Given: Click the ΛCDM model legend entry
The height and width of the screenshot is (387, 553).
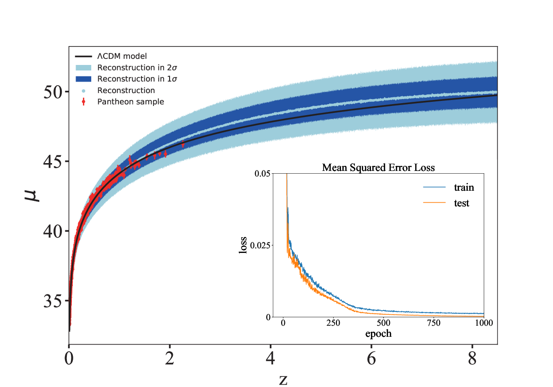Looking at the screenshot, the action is [x=111, y=56].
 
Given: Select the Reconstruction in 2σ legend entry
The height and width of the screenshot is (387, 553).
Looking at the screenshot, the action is [x=126, y=68].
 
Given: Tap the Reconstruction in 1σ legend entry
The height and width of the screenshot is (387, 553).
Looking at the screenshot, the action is [x=126, y=79].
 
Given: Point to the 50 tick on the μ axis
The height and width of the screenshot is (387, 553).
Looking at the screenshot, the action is [x=53, y=92].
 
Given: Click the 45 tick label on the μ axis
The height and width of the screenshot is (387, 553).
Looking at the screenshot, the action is [x=53, y=162].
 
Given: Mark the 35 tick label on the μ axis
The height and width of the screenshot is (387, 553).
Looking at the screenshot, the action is [x=53, y=301].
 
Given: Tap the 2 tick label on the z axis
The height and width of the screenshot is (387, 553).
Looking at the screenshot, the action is [x=170, y=358].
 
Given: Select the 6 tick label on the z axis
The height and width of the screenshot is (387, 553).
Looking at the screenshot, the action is [x=371, y=358].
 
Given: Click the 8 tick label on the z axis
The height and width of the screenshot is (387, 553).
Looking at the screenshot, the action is [x=472, y=358].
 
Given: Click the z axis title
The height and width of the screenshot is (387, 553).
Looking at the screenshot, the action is [x=283, y=380].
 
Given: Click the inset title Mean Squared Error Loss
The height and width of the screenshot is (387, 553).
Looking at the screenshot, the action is [x=378, y=168].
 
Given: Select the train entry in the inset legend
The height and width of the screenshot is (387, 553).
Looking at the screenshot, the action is [x=448, y=188].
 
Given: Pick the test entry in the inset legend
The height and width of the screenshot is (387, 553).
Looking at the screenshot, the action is [x=446, y=203].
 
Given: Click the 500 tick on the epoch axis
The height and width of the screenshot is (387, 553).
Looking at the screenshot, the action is [x=383, y=323].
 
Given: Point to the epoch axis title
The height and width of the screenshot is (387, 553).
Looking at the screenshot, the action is [x=378, y=334].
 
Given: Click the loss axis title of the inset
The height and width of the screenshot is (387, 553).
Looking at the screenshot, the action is [x=243, y=245].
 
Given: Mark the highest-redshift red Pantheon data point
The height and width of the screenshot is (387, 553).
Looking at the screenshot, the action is [x=183, y=144].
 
